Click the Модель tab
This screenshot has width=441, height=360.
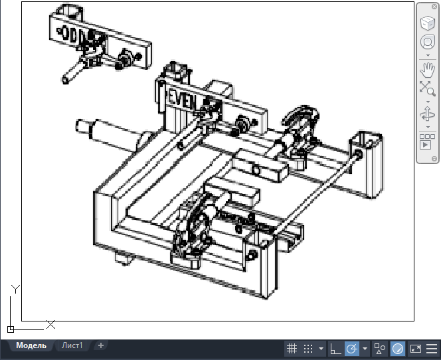pyautogui.click(x=31, y=345)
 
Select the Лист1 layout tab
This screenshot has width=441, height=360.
pyautogui.click(x=72, y=345)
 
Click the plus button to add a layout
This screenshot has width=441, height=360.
pyautogui.click(x=101, y=345)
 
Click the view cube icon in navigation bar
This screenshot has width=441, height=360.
pyautogui.click(x=428, y=23)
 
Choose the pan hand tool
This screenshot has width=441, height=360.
pyautogui.click(x=428, y=70)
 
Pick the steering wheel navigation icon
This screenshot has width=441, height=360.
pyautogui.click(x=428, y=43)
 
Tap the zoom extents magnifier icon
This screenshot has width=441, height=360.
pyautogui.click(x=428, y=88)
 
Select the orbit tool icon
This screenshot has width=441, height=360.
pyautogui.click(x=428, y=115)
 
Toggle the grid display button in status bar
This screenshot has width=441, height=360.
pyautogui.click(x=292, y=349)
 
